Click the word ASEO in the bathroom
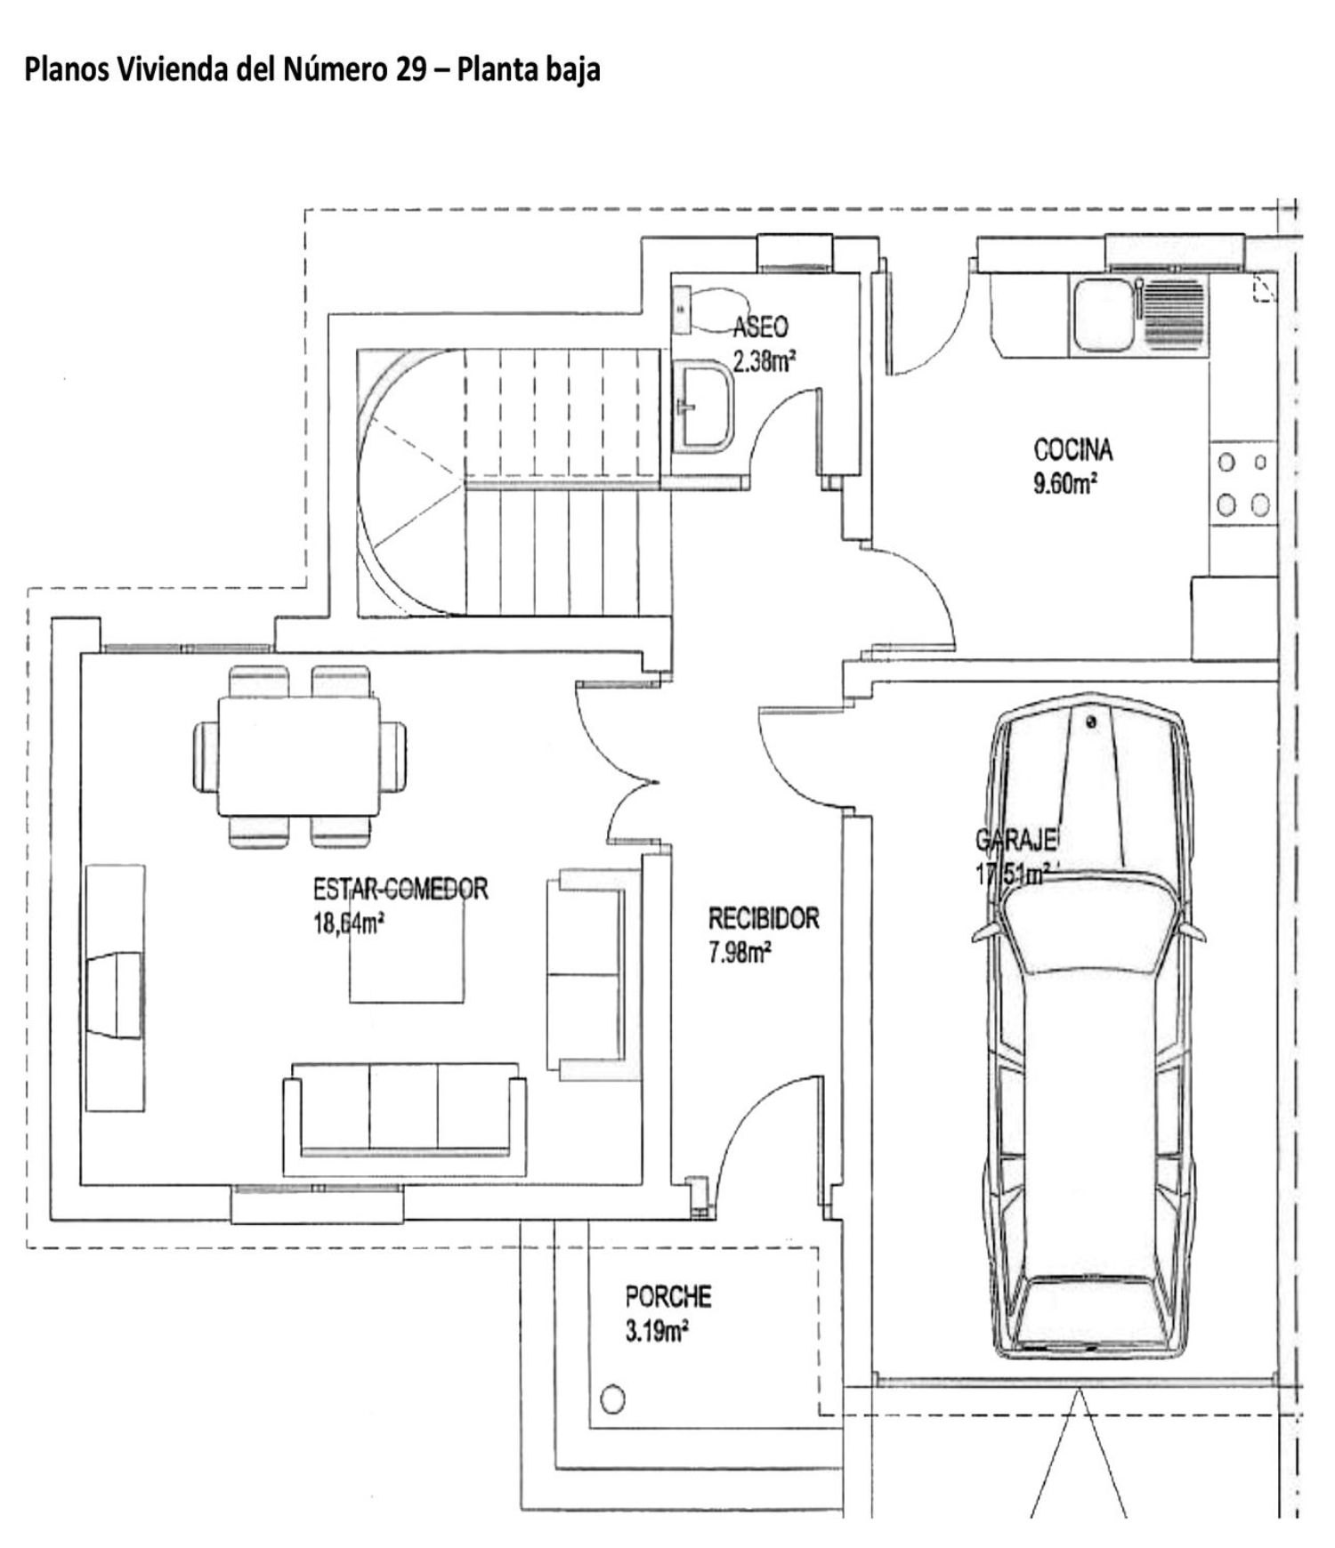761,327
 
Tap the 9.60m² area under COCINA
1064,486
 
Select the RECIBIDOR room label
764,918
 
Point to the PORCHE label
667,1297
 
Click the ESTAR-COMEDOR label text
400,889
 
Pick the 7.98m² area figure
740,954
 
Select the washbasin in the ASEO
703,405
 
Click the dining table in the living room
299,756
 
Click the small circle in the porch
612,1399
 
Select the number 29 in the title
410,69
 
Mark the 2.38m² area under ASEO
764,362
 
